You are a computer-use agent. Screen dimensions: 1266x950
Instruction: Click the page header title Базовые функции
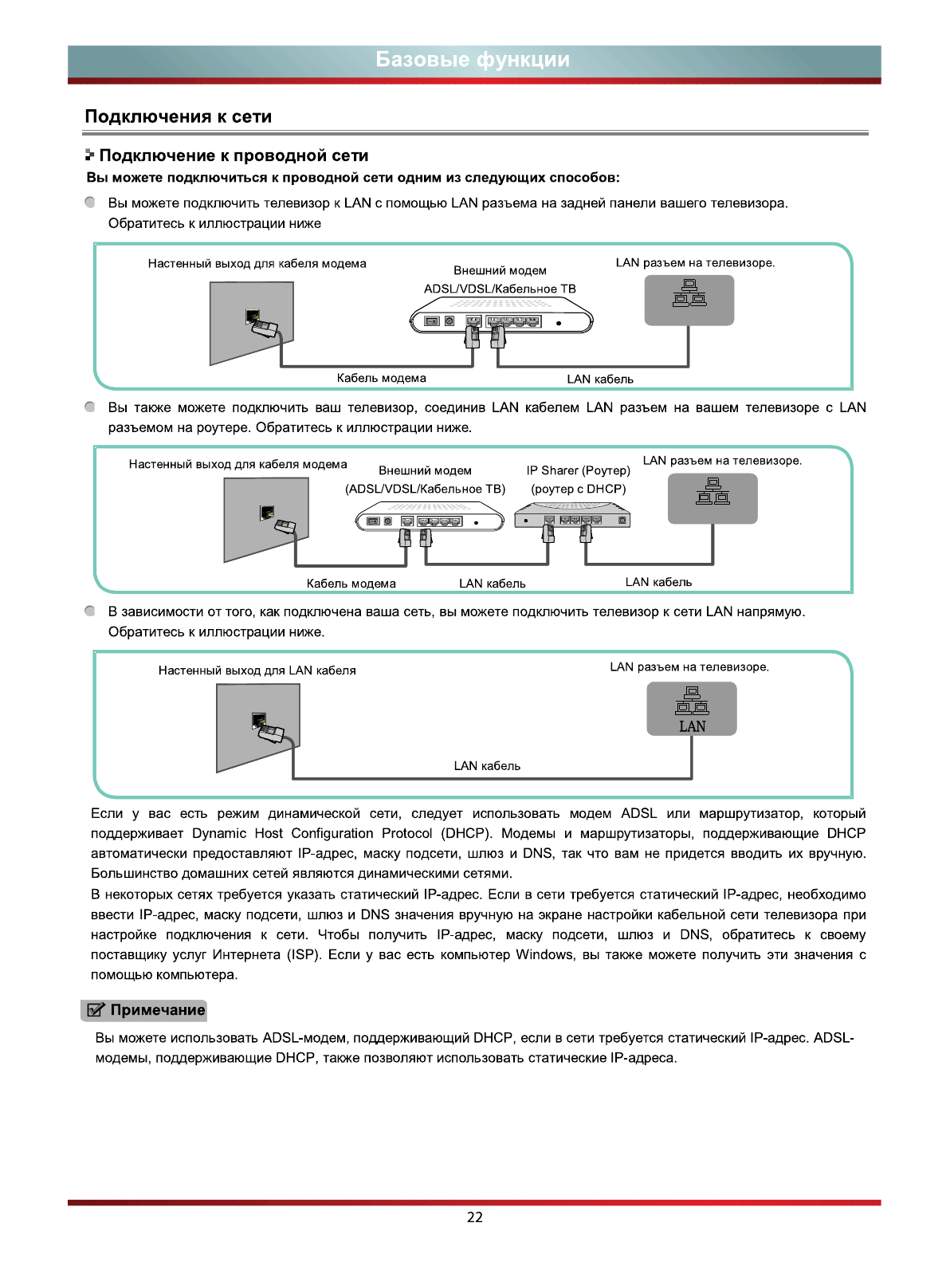[x=473, y=60]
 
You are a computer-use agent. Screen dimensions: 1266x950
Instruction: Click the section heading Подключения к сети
[x=179, y=116]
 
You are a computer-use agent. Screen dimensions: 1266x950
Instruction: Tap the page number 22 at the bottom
[x=475, y=1217]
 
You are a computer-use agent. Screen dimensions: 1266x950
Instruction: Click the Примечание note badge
[x=144, y=1010]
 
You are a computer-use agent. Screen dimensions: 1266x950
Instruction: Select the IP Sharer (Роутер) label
[x=578, y=470]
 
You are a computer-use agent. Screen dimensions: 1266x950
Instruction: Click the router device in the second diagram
[x=572, y=518]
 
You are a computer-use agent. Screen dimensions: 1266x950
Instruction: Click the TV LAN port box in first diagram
[x=689, y=300]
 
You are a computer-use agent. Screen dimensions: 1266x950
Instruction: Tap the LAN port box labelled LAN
[x=691, y=710]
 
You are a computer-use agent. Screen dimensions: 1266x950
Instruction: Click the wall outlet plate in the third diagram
[x=257, y=727]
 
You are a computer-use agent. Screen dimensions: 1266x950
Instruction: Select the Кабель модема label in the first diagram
[x=381, y=378]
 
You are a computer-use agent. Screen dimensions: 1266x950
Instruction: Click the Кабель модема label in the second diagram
[x=351, y=584]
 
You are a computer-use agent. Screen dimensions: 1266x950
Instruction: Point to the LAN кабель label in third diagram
[x=487, y=766]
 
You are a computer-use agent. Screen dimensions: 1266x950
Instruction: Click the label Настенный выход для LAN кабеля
[x=257, y=670]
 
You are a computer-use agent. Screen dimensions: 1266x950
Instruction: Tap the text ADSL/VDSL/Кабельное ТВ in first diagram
[x=500, y=289]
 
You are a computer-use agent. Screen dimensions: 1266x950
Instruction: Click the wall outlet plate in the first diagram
[x=251, y=322]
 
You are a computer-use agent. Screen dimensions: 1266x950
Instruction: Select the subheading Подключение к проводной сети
[x=234, y=155]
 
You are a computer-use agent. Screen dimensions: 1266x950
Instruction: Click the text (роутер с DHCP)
[x=578, y=489]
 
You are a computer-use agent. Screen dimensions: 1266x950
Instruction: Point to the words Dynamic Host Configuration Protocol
[x=315, y=833]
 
